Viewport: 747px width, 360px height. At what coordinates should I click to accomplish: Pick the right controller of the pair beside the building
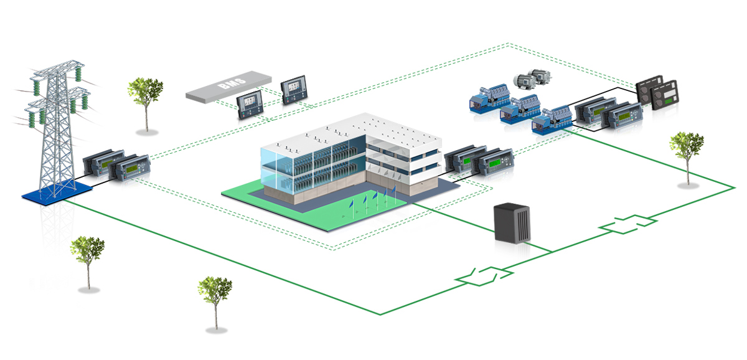pos(493,164)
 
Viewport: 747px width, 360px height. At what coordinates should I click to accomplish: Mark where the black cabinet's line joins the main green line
pos(552,252)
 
